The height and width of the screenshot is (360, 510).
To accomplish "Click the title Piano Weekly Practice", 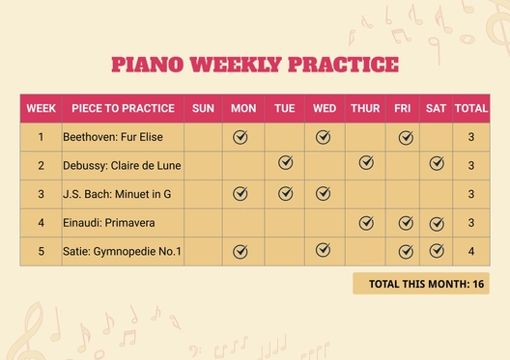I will [254, 65].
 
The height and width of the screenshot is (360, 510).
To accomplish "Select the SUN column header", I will [203, 108].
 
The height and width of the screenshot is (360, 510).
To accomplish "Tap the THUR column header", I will [365, 108].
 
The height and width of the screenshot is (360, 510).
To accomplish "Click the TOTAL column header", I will [470, 108].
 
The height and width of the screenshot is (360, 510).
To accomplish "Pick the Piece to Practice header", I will [122, 108].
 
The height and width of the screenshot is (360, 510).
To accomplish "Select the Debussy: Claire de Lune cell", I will [122, 165].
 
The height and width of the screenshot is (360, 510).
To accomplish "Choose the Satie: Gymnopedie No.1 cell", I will [122, 252].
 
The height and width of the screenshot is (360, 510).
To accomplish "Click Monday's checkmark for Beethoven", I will [241, 137].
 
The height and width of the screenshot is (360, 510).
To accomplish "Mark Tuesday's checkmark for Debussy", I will [285, 163].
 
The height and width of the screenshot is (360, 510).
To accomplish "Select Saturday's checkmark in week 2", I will [437, 163].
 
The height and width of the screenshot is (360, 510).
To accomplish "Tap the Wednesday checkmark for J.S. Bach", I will [324, 193].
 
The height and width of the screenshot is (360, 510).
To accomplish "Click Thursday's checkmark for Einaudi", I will [366, 223].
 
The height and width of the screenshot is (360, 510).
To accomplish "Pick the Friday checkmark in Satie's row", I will [406, 252].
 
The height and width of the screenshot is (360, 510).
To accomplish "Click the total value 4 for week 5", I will [470, 252].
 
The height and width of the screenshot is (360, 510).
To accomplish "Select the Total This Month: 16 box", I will [420, 284].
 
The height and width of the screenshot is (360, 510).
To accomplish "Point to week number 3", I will [41, 194].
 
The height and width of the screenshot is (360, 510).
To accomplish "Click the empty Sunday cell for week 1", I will [203, 137].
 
